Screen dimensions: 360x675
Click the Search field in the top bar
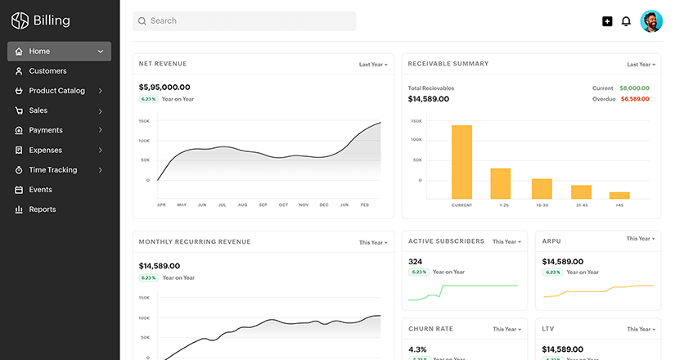(244, 20)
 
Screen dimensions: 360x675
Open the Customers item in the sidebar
(47, 71)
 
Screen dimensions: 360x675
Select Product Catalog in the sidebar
(56, 91)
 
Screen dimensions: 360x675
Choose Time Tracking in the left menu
(52, 170)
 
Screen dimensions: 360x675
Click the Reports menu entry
(43, 209)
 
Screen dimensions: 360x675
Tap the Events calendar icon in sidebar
(19, 190)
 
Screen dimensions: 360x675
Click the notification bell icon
(626, 21)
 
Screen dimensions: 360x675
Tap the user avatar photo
(651, 21)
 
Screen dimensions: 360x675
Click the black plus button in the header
(607, 21)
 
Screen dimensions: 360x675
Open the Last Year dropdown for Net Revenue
(373, 64)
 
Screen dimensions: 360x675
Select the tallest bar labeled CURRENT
(461, 161)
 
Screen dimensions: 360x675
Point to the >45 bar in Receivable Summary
(619, 195)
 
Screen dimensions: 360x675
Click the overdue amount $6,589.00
(635, 99)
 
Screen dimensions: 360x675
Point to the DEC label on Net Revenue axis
(324, 205)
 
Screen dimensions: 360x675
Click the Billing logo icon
(20, 20)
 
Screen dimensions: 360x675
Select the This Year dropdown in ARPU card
(641, 239)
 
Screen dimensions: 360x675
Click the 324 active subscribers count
(415, 262)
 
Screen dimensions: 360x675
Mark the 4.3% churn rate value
(417, 349)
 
